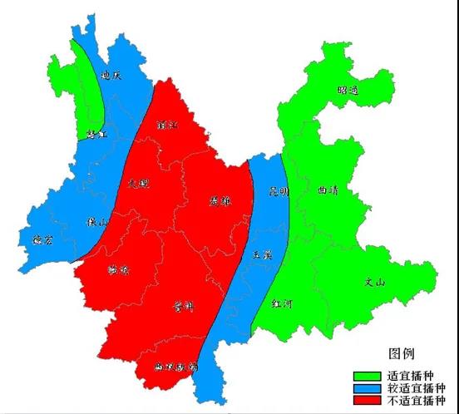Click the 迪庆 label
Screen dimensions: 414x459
tap(111, 75)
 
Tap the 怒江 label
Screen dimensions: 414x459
tap(96, 133)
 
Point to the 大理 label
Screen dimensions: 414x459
tap(140, 181)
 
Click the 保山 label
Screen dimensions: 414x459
tap(98, 221)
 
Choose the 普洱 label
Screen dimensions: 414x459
tap(183, 307)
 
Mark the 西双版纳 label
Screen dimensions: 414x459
tap(176, 366)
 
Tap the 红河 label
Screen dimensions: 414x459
tap(282, 303)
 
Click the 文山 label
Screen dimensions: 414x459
tap(375, 282)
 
